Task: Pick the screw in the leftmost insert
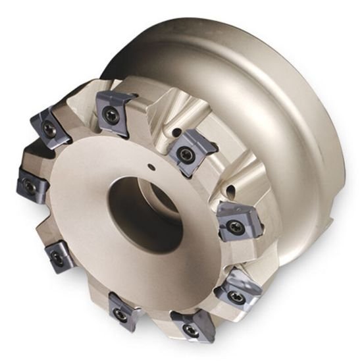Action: tap(28, 187)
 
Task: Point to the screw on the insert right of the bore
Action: tap(234, 228)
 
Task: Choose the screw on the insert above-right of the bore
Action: tap(185, 155)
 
